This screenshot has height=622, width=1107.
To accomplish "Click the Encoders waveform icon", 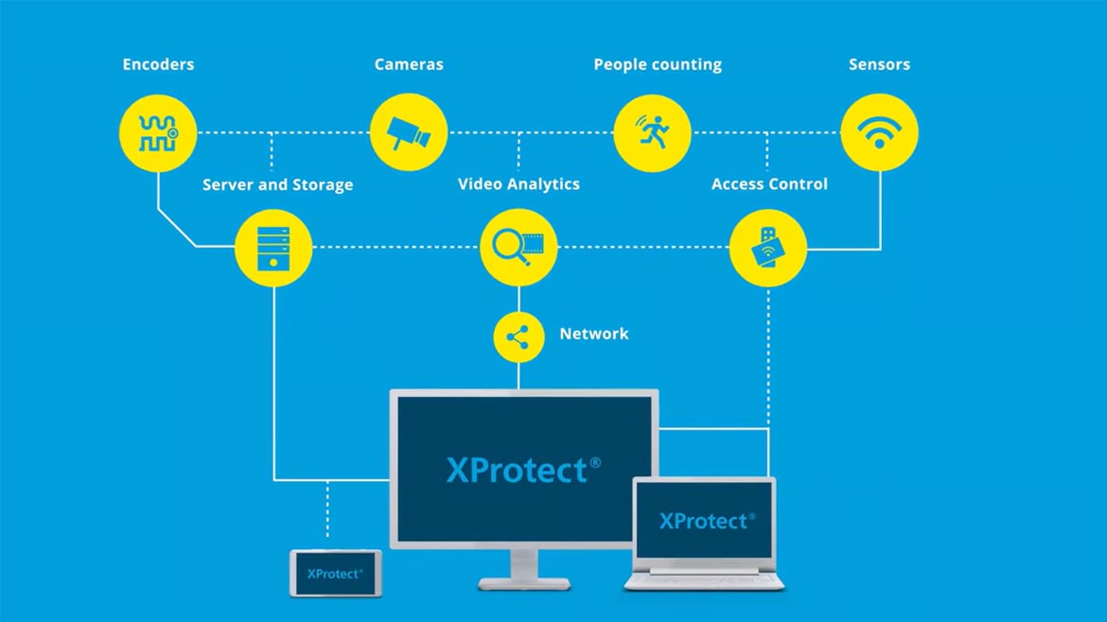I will pos(158,133).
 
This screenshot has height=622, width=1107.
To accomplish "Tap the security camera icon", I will pos(409,133).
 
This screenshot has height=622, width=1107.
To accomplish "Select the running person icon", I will pos(652,133).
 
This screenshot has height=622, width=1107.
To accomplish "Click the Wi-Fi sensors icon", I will pos(880,133).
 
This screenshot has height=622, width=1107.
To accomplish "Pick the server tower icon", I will pos(273,248).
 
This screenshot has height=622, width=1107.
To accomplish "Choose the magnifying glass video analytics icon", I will pos(518,248).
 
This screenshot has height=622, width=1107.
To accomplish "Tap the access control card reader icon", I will pos(767,248).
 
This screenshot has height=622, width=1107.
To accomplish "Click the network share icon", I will pos(518,337).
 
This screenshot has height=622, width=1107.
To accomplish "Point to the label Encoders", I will pos(158,65).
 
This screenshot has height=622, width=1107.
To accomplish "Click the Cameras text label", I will pos(409,65).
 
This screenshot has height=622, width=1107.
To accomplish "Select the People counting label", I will pos(658,65).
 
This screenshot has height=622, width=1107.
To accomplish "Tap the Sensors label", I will pos(879,65).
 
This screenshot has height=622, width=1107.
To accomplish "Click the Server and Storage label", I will pos(277,185).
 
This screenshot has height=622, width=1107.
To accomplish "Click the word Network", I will pos(593,334).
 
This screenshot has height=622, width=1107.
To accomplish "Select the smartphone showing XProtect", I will pos(335,573).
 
